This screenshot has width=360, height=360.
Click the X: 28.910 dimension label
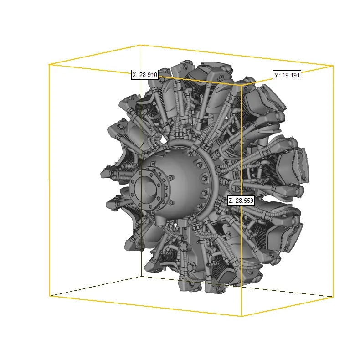tap(145, 75)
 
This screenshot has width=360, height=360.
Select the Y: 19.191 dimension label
tap(287, 75)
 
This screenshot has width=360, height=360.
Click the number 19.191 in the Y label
tap(291, 75)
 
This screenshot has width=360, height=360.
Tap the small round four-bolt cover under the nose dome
tap(183, 247)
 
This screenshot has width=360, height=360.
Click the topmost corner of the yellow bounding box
tap(140, 45)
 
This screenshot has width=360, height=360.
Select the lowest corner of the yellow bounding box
tap(241, 316)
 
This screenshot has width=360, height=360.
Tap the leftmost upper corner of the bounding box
tap(49, 65)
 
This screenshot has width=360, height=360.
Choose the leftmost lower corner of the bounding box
tap(50, 296)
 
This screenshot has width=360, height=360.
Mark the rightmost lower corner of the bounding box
tap(333, 297)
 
